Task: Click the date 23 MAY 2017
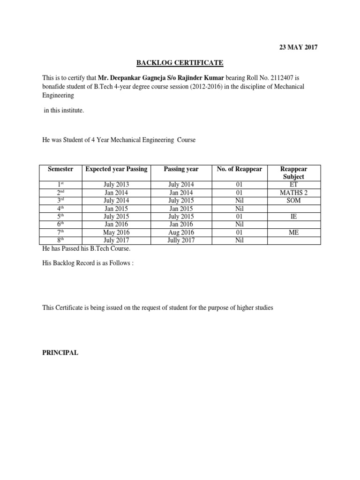pos(299,47)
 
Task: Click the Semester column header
pos(60,169)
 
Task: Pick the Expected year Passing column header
pos(116,169)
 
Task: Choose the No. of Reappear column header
pos(240,169)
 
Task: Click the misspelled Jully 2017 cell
pos(180,240)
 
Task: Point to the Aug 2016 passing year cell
pos(180,232)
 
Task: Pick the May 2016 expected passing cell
pos(116,232)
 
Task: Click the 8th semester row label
pos(60,240)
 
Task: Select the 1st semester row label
pos(60,185)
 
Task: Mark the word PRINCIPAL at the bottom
pos(60,353)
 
